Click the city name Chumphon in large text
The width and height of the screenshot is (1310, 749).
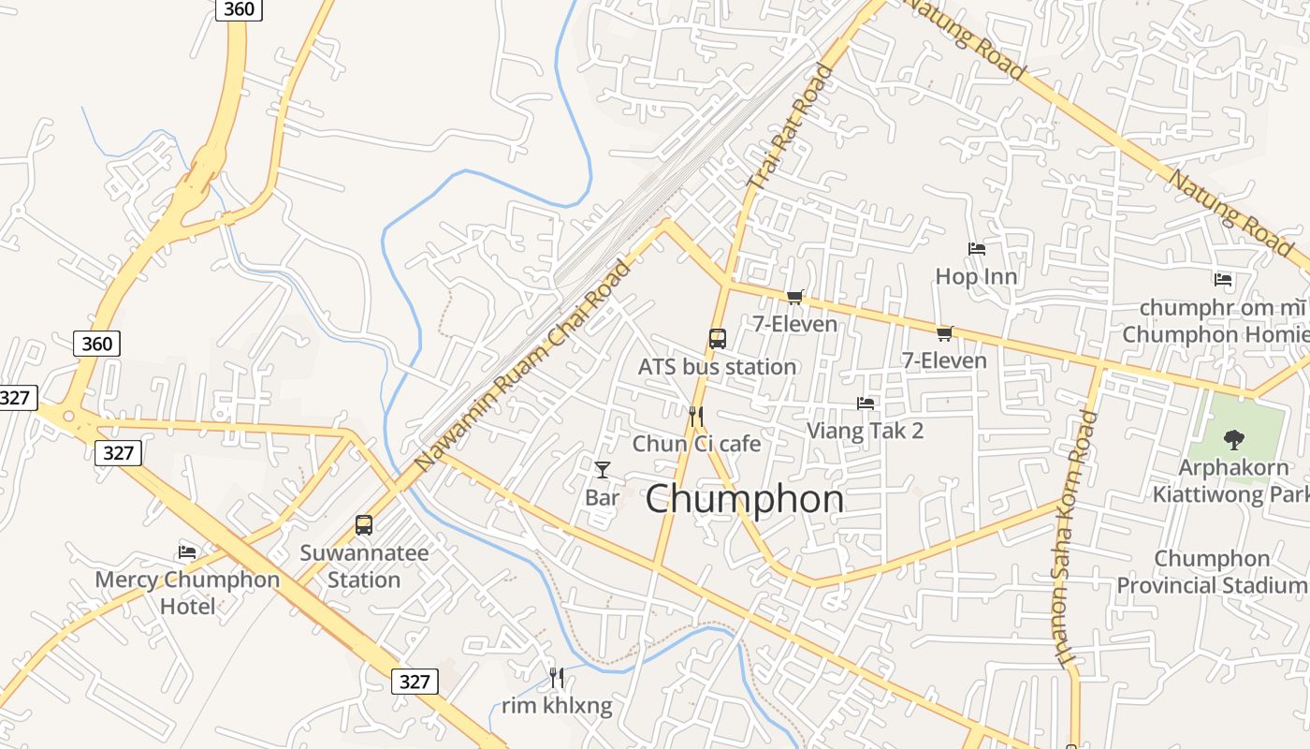point(744,499)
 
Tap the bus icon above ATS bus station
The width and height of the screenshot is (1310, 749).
point(718,339)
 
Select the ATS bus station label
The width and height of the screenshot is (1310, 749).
point(717,367)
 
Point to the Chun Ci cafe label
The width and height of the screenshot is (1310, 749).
point(696,444)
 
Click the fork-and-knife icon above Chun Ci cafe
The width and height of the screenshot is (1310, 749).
point(695,417)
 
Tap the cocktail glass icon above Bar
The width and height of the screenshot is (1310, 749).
point(602,470)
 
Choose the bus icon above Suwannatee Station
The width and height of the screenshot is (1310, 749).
point(364,525)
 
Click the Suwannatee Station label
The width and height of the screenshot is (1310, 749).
point(364,566)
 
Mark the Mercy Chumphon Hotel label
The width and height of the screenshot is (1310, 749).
point(187,593)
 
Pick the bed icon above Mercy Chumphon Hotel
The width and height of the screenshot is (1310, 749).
point(187,552)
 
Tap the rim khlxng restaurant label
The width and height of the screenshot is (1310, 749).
point(557,706)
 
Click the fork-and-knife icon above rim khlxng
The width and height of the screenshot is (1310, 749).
point(557,677)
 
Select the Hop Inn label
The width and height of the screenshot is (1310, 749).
point(976,277)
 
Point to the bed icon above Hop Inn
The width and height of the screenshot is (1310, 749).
point(977,249)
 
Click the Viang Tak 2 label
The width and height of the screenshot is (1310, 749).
point(865,431)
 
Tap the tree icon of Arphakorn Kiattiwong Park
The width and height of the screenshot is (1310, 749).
point(1234,439)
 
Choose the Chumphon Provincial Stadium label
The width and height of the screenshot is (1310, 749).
point(1212,572)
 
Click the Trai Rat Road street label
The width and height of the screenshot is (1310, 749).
point(790,126)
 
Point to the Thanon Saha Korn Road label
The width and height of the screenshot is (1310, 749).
point(1075,538)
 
